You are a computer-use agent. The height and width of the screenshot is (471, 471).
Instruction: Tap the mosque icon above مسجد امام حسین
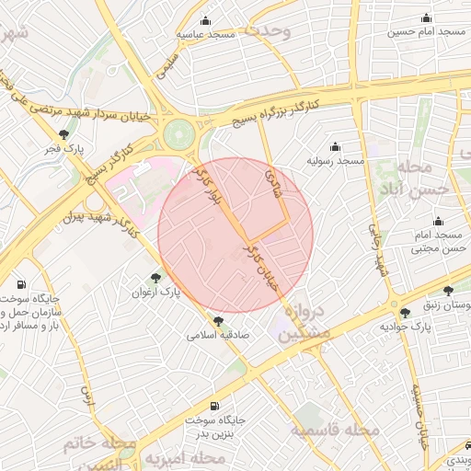pos(425,18)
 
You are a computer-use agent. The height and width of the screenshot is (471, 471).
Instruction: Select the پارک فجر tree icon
pos(63,134)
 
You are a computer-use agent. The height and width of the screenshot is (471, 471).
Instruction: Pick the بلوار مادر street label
pos(213,187)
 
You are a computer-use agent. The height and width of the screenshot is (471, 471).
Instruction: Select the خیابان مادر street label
pos(260,267)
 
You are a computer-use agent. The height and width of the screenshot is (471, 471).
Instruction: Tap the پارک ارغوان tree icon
pos(155,277)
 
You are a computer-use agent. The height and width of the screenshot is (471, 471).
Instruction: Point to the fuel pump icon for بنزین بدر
pos(214,406)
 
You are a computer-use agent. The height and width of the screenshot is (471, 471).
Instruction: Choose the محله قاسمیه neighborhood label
pos(334,430)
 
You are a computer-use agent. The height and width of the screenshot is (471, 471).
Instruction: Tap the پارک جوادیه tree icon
pos(405,313)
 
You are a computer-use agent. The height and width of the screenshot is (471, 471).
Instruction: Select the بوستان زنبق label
pos(445,305)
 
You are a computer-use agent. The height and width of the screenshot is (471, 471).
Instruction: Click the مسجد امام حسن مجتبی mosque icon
pos(438,221)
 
